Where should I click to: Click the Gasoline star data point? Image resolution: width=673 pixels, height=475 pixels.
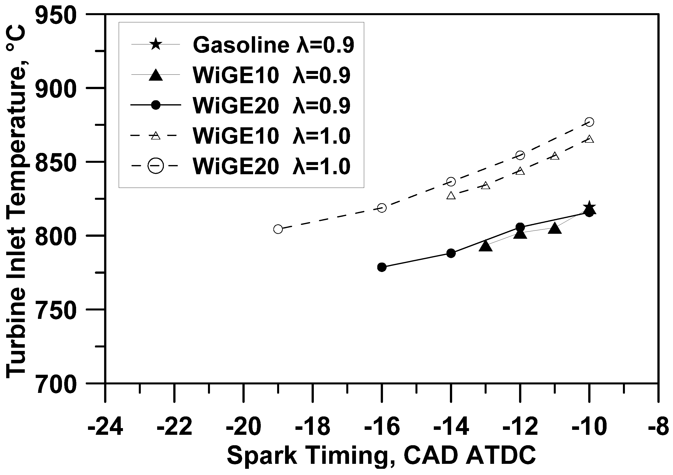[x=589, y=208]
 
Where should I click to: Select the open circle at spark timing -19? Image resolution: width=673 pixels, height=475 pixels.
[x=278, y=229]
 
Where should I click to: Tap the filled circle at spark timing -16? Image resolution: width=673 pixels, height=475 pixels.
[x=382, y=267]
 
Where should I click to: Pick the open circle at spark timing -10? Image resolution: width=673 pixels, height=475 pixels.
[x=589, y=122]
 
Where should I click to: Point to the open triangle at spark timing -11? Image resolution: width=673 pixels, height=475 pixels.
[x=555, y=156]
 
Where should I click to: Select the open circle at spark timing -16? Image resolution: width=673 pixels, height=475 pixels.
[x=382, y=208]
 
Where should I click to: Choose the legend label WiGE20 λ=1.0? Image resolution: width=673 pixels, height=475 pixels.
[x=271, y=166]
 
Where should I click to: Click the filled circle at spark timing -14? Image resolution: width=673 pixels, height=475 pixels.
[x=451, y=253]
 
